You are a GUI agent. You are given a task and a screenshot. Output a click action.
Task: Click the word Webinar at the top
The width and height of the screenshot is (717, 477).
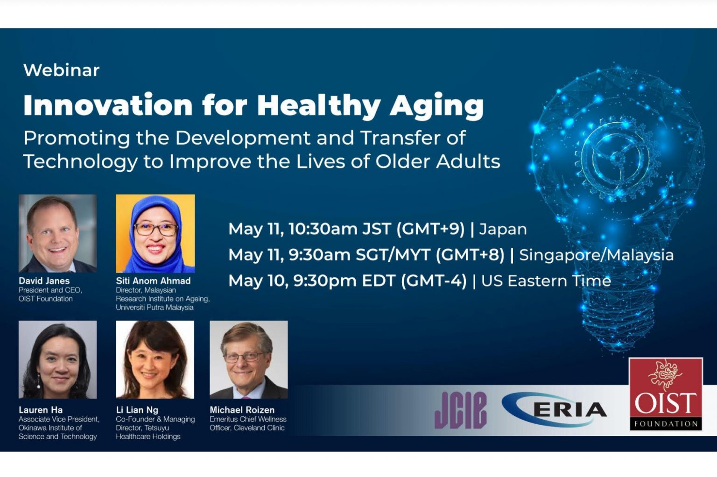[61, 70]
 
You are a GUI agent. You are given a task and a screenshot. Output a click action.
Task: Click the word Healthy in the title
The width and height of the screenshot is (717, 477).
[318, 105]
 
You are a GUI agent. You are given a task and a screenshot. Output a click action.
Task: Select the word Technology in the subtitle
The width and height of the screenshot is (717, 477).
[80, 161]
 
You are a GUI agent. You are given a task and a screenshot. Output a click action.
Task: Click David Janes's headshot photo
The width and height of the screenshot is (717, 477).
[57, 233]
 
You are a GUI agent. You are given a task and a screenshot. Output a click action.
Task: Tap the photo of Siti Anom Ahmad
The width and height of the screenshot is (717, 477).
[155, 233]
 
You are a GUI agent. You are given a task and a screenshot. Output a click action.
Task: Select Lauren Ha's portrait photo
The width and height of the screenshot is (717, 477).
[57, 359]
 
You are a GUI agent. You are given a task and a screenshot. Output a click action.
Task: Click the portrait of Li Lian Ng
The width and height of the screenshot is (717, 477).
[155, 359]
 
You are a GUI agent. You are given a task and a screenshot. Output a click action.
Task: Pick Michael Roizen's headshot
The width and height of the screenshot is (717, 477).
[248, 359]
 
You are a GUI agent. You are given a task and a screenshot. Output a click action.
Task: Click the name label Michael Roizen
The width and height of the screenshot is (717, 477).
[242, 410]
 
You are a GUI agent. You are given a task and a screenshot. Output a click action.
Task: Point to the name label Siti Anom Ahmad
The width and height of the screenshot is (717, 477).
[153, 281]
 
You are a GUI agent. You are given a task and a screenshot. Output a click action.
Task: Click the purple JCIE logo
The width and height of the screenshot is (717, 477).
[460, 410]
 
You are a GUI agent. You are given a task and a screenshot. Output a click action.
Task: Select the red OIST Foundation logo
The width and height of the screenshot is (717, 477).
[665, 394]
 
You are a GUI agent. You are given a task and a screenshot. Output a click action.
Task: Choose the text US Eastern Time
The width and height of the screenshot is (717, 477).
[546, 281]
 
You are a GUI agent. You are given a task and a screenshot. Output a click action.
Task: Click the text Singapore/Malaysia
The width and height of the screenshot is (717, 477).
[596, 255]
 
